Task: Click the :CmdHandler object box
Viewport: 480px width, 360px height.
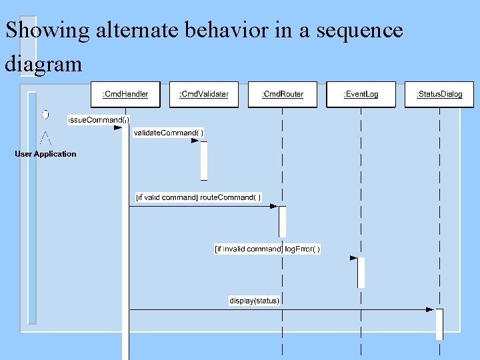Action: tap(125, 94)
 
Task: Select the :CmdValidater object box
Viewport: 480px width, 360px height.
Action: tap(203, 94)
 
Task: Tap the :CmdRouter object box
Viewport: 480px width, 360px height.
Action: tap(283, 94)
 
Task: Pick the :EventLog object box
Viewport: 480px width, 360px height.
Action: tap(361, 94)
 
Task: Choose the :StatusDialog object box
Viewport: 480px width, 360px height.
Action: tap(439, 94)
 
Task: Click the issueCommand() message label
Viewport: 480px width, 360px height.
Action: tap(99, 120)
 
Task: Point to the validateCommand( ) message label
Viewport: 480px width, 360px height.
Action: tap(169, 133)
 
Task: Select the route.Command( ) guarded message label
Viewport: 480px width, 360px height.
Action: tap(199, 197)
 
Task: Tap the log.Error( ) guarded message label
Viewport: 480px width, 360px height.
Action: tap(267, 249)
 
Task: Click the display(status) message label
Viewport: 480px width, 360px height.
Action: tap(255, 301)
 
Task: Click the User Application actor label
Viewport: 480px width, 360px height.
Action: tap(46, 154)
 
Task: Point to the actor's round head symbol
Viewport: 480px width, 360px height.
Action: tap(45, 115)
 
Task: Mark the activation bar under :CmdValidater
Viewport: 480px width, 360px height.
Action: tap(204, 160)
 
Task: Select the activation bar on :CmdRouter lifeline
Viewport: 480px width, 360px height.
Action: tap(282, 221)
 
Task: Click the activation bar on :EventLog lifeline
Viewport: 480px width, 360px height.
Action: tap(361, 272)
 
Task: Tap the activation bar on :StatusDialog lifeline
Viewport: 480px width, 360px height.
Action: tap(439, 324)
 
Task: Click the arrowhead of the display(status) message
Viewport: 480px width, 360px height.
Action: tap(431, 309)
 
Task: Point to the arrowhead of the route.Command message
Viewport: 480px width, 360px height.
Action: tap(273, 206)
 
